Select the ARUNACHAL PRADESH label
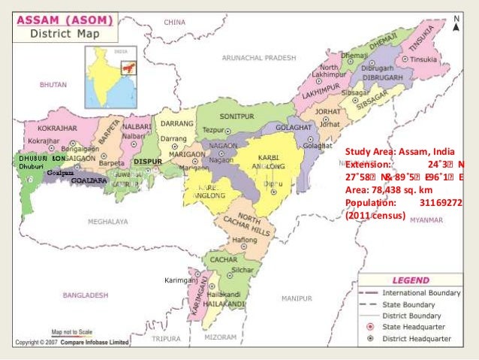tap(258, 57)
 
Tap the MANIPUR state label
tap(296, 298)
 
